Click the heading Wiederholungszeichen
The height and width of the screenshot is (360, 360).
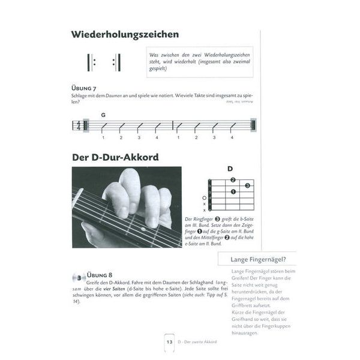pos(125,35)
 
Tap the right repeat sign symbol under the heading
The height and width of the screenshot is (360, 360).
pos(116,62)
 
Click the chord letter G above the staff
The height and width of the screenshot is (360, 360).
pos(103,115)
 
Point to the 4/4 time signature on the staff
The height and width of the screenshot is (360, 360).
pos(77,126)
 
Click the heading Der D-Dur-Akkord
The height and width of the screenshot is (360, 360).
pos(115,158)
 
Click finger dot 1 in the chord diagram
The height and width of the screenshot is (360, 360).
pos(233,192)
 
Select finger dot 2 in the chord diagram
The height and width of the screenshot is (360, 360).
pos(233,181)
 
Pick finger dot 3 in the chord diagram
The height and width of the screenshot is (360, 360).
pos(247,186)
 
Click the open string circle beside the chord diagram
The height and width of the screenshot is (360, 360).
pos(205,198)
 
